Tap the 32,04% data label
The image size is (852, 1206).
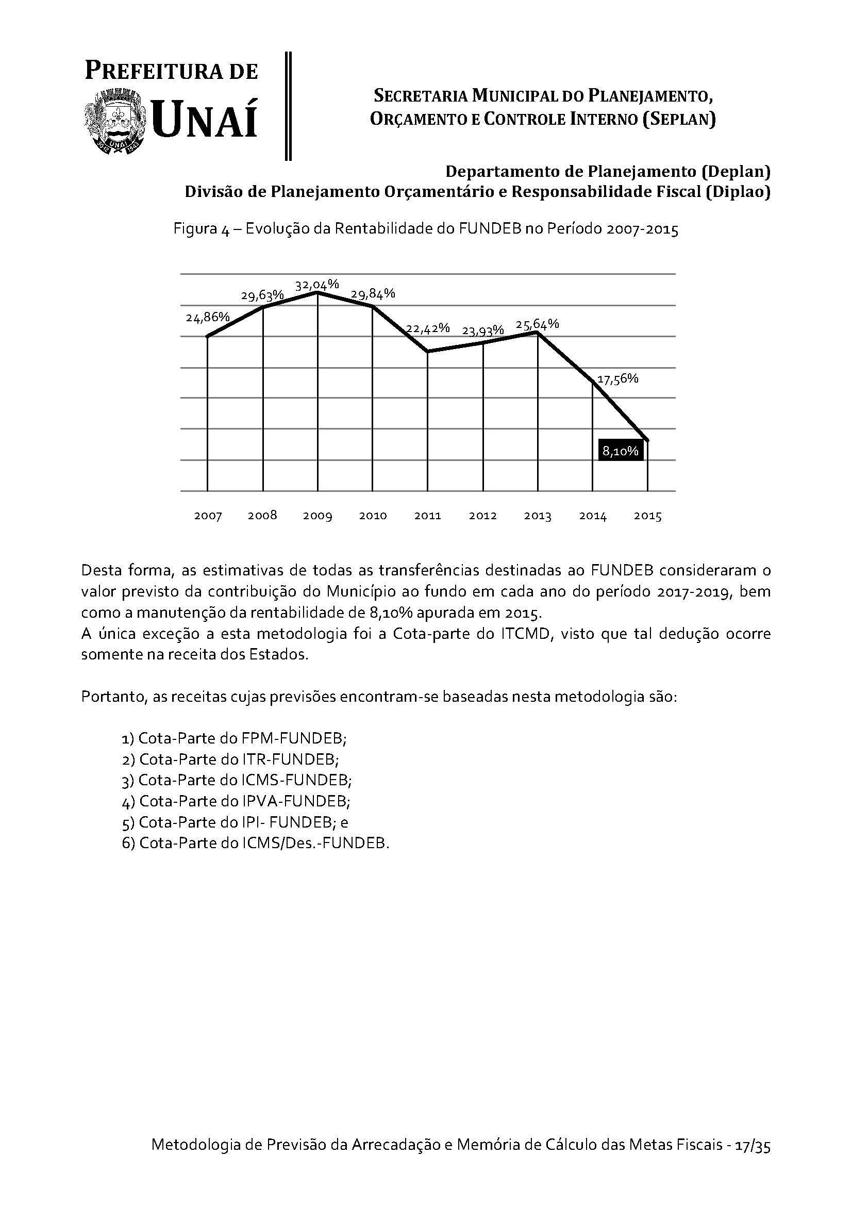point(316,285)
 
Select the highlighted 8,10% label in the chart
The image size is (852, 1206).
point(620,451)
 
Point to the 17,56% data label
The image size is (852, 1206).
point(618,379)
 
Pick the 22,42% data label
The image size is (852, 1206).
point(428,328)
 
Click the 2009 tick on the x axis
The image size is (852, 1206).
point(317,516)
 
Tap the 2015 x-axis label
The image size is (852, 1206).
point(647,516)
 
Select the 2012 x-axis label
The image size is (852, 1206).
point(482,516)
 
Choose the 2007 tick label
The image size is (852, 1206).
point(208,516)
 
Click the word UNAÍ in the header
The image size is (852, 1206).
point(205,120)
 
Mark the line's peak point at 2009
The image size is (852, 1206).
point(317,292)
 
